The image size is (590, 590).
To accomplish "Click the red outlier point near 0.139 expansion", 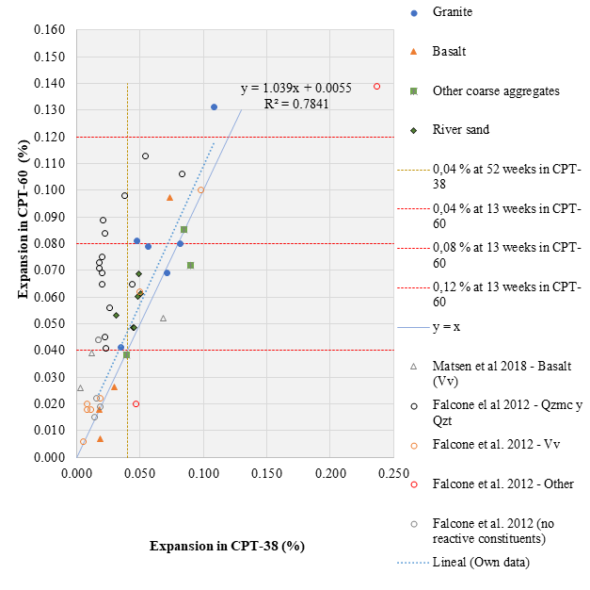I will click(x=376, y=86).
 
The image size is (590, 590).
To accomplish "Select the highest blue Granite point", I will click(x=214, y=107).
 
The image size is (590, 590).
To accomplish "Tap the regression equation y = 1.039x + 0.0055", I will click(x=295, y=88).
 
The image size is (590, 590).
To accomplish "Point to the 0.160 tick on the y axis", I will click(x=51, y=30).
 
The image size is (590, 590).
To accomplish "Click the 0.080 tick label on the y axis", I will click(x=51, y=244).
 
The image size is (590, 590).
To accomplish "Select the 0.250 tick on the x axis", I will click(x=393, y=471).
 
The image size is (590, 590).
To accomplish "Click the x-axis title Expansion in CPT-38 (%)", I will click(x=227, y=546).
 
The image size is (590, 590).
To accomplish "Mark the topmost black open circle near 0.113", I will click(x=145, y=156).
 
